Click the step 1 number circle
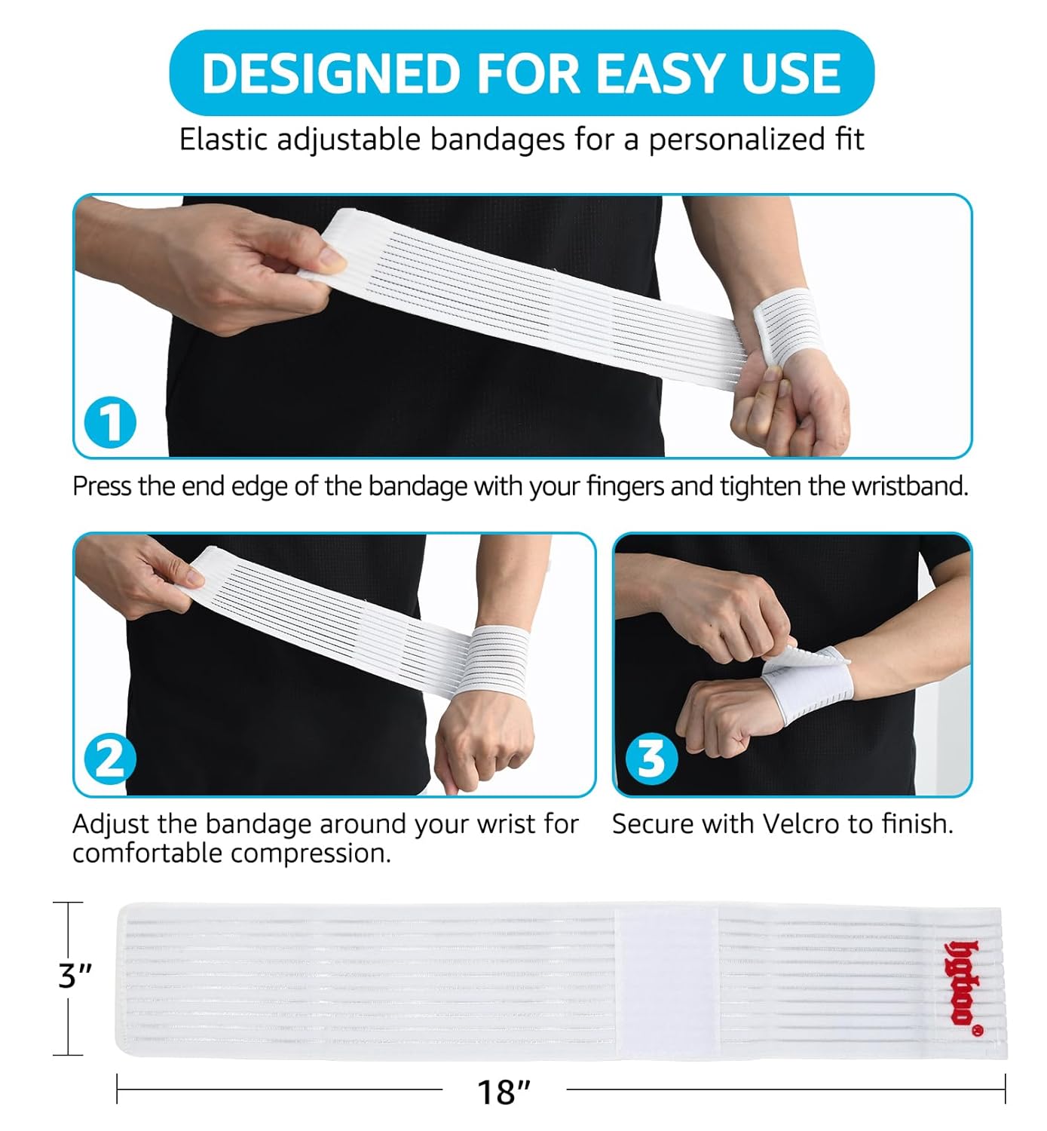point(110,422)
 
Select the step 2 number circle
point(110,759)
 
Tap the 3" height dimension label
point(75,976)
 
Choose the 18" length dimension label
point(504,1091)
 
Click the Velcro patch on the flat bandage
point(666,980)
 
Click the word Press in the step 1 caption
point(103,486)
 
